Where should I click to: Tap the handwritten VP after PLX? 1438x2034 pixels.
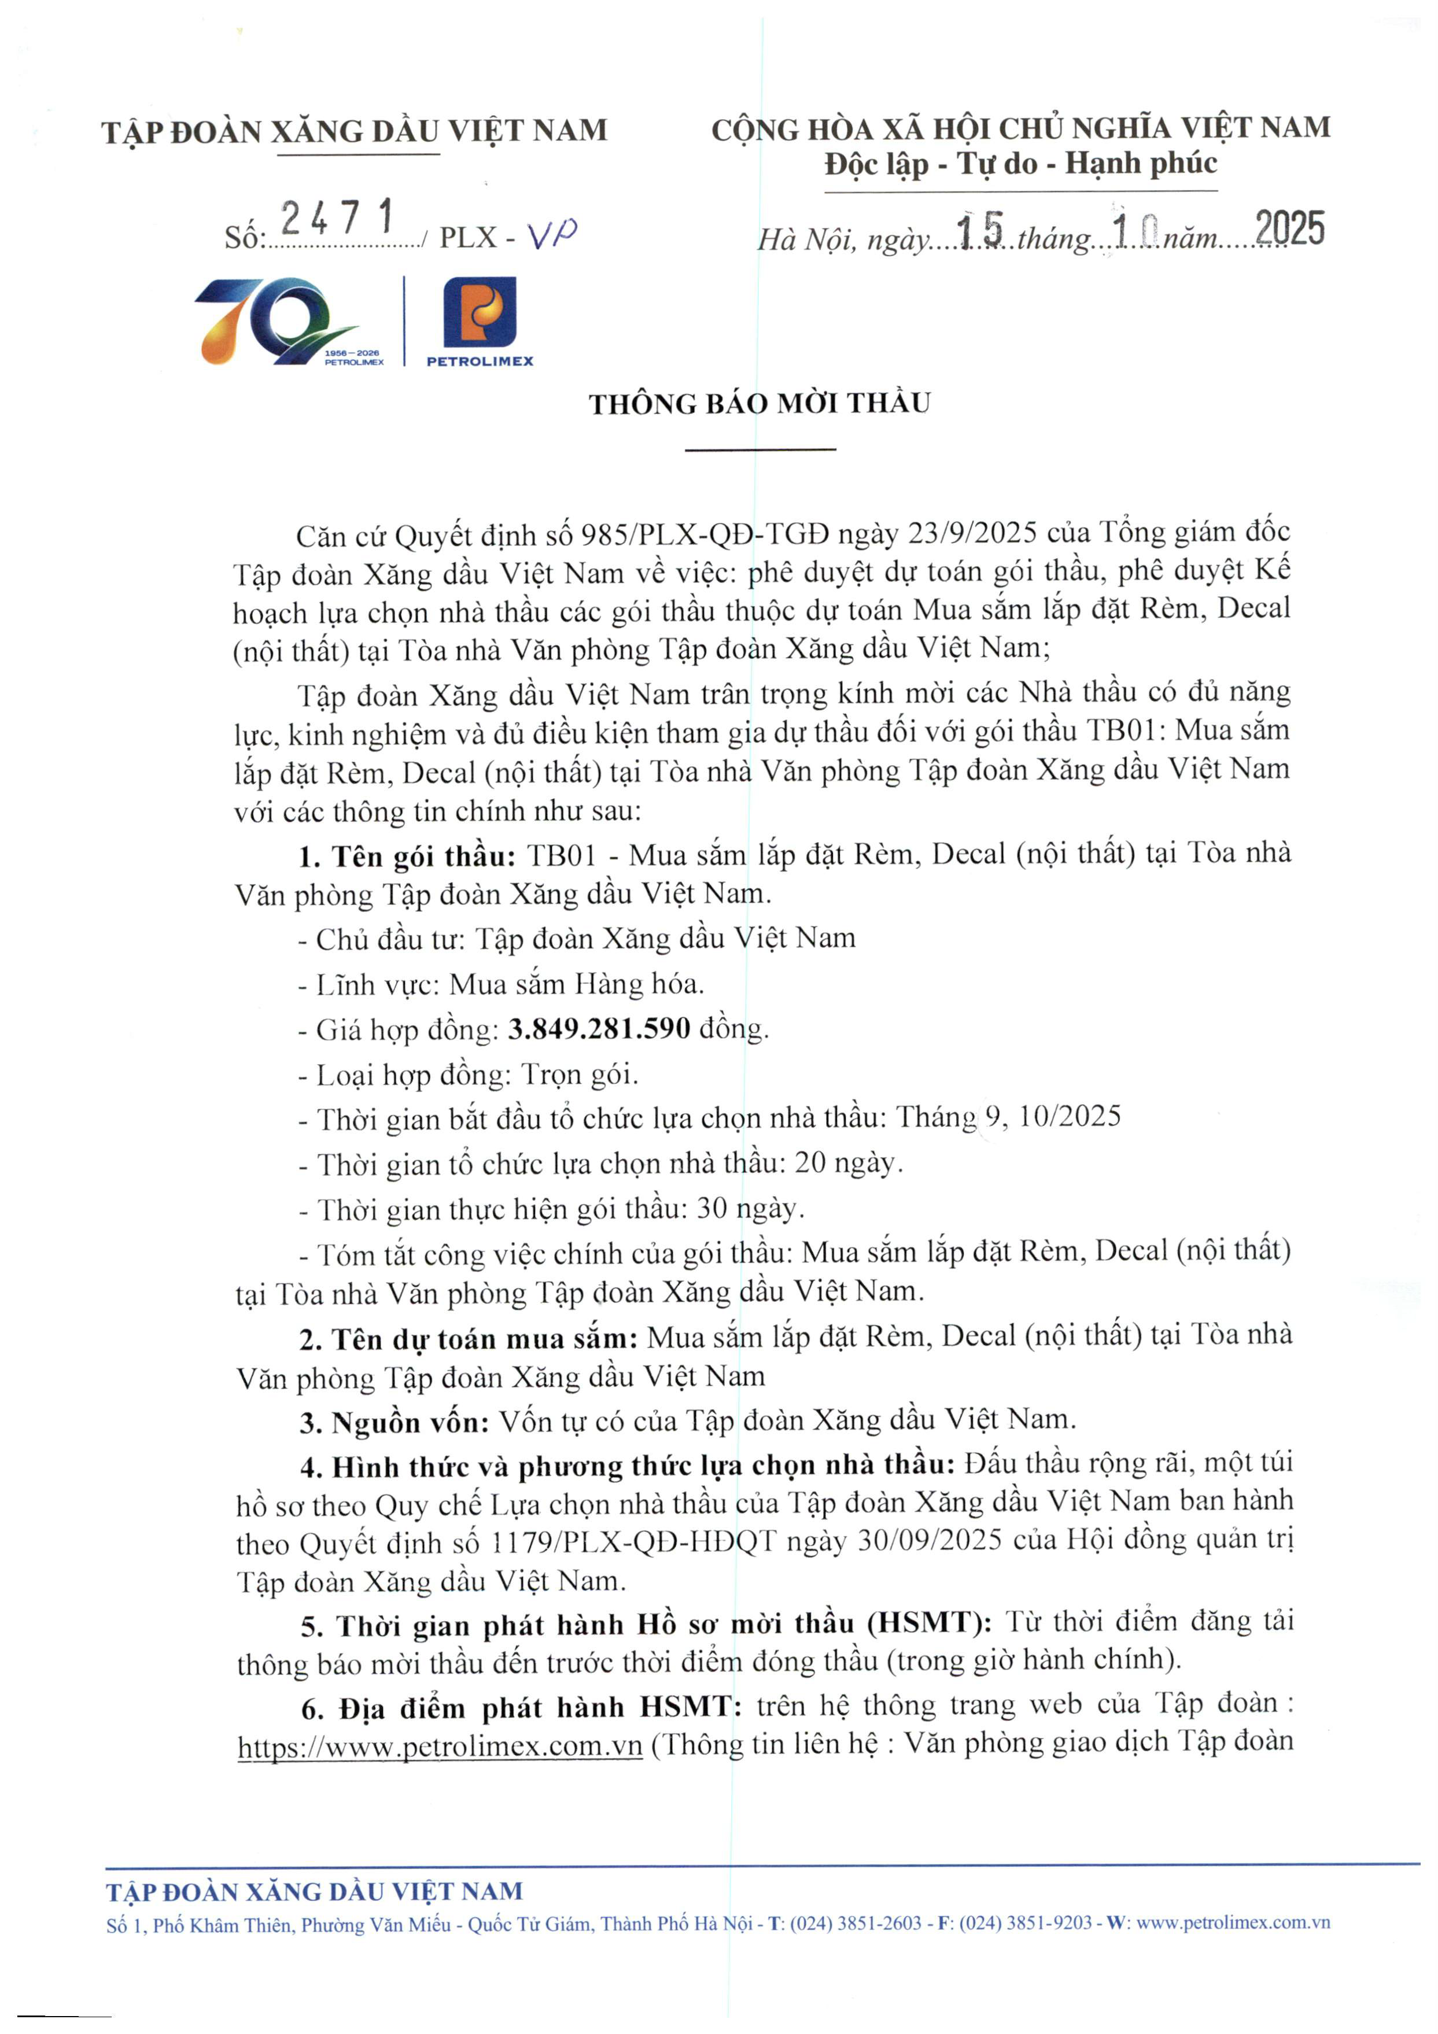[552, 235]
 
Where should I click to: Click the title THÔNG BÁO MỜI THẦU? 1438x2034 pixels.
[759, 404]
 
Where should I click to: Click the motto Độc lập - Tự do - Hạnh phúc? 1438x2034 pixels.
[1021, 163]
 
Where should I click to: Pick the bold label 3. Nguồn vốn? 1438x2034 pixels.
[394, 1422]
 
